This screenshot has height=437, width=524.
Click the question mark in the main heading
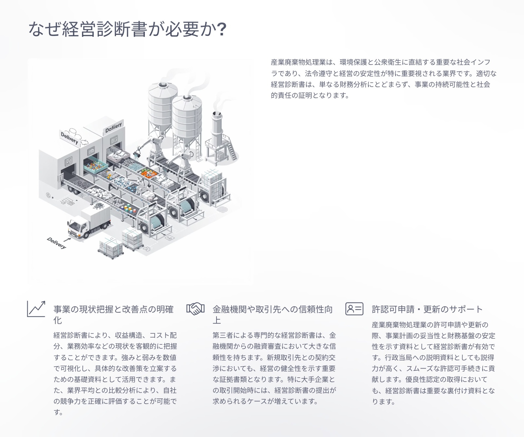222,30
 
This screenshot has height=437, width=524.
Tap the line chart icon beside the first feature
36,309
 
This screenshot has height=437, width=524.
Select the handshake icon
195,309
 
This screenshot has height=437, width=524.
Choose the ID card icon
354,309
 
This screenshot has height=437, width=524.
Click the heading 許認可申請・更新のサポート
427,309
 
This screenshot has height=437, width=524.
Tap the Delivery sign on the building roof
69,138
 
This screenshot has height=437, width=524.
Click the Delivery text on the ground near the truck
56,243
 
